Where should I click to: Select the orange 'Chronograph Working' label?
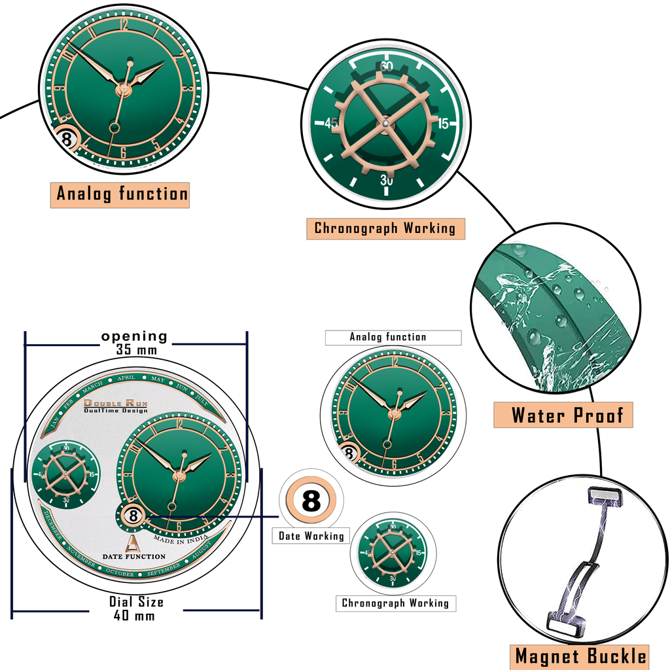coord(385,228)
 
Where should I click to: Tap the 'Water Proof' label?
coord(563,415)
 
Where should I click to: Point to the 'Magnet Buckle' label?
coord(580,656)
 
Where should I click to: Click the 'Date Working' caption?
coord(311,536)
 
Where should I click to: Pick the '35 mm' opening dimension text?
coord(136,349)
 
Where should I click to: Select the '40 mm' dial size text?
coord(136,615)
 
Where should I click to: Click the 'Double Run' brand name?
coord(116,404)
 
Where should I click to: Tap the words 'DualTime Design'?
coord(116,411)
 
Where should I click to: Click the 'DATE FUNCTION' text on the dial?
coord(133,556)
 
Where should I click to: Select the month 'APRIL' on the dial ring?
coord(126,378)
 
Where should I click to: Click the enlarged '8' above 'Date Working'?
coord(311,501)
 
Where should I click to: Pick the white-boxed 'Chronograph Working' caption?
coord(395,603)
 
